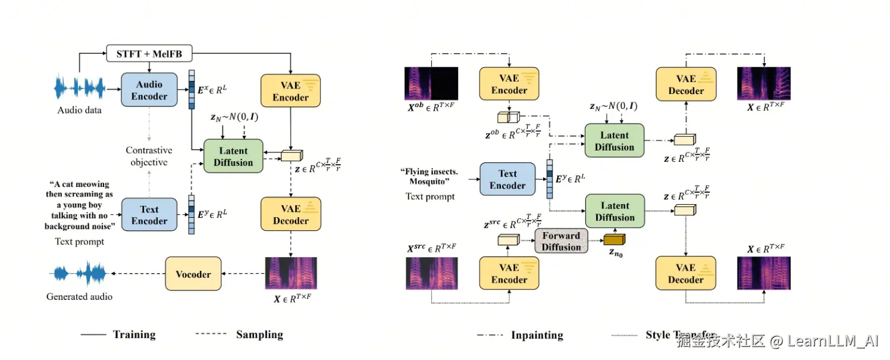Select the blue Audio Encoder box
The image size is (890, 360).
click(x=149, y=90)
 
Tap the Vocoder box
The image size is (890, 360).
click(x=193, y=274)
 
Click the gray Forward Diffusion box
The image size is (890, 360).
click(x=561, y=242)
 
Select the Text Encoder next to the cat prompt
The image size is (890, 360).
click(x=149, y=215)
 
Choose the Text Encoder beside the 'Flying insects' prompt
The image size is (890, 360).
click(x=507, y=179)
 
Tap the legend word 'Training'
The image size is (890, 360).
click(x=134, y=334)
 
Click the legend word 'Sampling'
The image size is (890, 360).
click(x=259, y=334)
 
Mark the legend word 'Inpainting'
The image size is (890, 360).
click(x=537, y=335)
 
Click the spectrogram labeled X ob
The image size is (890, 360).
click(x=431, y=83)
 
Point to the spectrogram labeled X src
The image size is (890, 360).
click(x=431, y=274)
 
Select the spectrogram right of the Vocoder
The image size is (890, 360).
click(x=291, y=273)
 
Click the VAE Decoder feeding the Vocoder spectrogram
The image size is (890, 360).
click(x=290, y=215)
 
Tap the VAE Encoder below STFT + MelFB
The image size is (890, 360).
click(x=290, y=91)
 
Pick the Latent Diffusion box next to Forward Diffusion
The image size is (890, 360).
click(x=615, y=211)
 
